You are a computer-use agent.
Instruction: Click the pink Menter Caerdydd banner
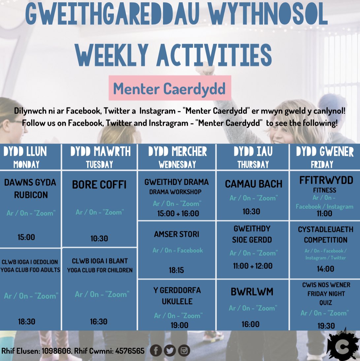(170, 88)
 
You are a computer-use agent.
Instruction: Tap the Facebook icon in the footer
(156, 350)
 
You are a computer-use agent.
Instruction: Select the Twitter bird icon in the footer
(170, 350)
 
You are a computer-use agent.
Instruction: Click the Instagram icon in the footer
(184, 350)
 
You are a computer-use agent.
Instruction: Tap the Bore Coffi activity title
(99, 185)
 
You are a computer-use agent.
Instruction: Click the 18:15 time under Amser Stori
(177, 270)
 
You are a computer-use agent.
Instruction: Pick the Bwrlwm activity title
(252, 292)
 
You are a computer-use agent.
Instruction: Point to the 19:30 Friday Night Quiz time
(326, 326)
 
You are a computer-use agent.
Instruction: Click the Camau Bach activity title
(253, 184)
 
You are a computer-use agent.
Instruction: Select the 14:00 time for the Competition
(325, 269)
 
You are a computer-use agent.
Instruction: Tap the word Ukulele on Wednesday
(177, 301)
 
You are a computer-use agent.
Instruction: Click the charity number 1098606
(55, 351)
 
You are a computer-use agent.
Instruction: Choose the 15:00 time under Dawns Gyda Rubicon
(26, 237)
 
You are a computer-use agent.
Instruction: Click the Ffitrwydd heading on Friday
(326, 180)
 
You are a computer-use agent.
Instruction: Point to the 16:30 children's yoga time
(99, 321)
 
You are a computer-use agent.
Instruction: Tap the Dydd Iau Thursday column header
(253, 157)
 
